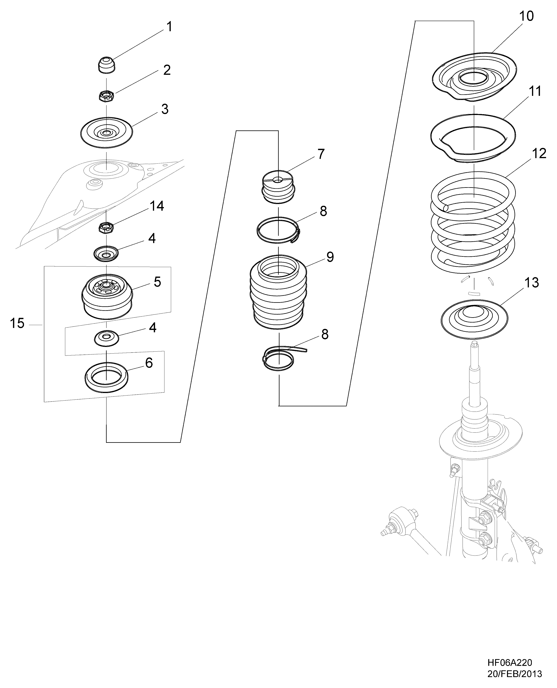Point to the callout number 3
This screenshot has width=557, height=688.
pyautogui.click(x=165, y=109)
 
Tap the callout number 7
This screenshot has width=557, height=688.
pyautogui.click(x=321, y=154)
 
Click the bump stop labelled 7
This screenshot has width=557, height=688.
pyautogui.click(x=278, y=187)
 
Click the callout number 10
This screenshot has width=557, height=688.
pyautogui.click(x=526, y=16)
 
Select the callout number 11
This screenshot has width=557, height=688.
pyautogui.click(x=535, y=91)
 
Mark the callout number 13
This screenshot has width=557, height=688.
pyautogui.click(x=532, y=283)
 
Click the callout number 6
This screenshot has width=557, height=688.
pyautogui.click(x=149, y=363)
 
